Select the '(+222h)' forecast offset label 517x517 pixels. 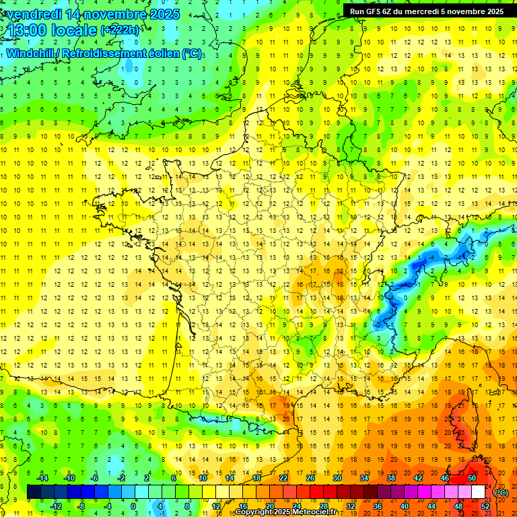click(120, 30)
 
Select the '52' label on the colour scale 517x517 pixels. click(485, 506)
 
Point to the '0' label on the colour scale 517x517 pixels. click(133, 506)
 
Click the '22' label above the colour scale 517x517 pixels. click(283, 478)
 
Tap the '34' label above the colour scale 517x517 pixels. click(364, 478)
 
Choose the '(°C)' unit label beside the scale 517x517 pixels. click(501, 493)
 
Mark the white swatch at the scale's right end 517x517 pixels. click(479, 492)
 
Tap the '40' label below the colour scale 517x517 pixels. click(405, 506)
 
